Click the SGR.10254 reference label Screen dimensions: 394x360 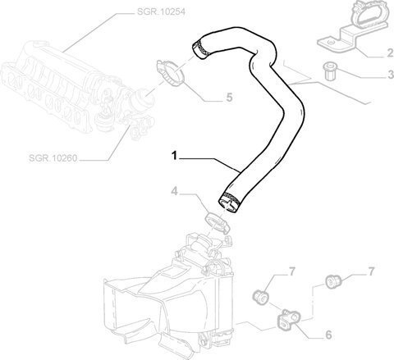tap(161, 11)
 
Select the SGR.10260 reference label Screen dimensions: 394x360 tap(53, 158)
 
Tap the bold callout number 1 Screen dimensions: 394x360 tap(174, 156)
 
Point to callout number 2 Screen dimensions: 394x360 tap(390, 53)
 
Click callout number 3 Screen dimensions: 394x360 tap(391, 75)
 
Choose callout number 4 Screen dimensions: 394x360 tap(174, 192)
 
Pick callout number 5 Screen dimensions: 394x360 tap(229, 98)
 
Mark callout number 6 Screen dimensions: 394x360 tap(328, 335)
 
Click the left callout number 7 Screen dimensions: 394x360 tap(292, 271)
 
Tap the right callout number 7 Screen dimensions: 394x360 tap(371, 271)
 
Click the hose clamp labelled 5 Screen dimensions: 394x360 tap(170, 73)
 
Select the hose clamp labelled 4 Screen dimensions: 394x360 tap(218, 222)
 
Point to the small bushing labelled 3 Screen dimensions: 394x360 tap(329, 71)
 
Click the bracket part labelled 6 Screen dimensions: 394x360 tap(289, 320)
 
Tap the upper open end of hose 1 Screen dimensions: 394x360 tap(199, 49)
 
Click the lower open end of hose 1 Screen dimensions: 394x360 tap(229, 203)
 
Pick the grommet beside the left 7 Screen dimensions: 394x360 tap(260, 297)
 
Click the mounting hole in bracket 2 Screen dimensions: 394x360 tap(331, 42)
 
